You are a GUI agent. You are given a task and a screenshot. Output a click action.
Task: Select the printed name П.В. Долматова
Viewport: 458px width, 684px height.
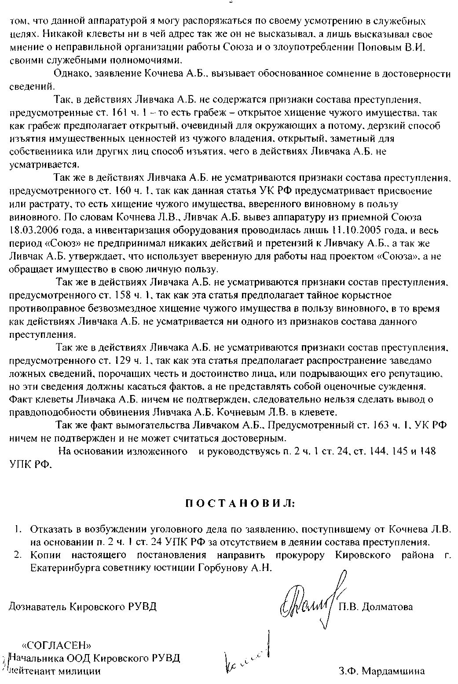pos(376,607)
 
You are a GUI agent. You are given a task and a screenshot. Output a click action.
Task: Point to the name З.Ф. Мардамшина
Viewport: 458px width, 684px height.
pos(382,672)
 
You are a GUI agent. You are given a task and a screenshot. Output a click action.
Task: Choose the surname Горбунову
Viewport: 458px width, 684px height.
pos(224,568)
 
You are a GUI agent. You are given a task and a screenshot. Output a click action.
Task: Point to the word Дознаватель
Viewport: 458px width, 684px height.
pos(38,607)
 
